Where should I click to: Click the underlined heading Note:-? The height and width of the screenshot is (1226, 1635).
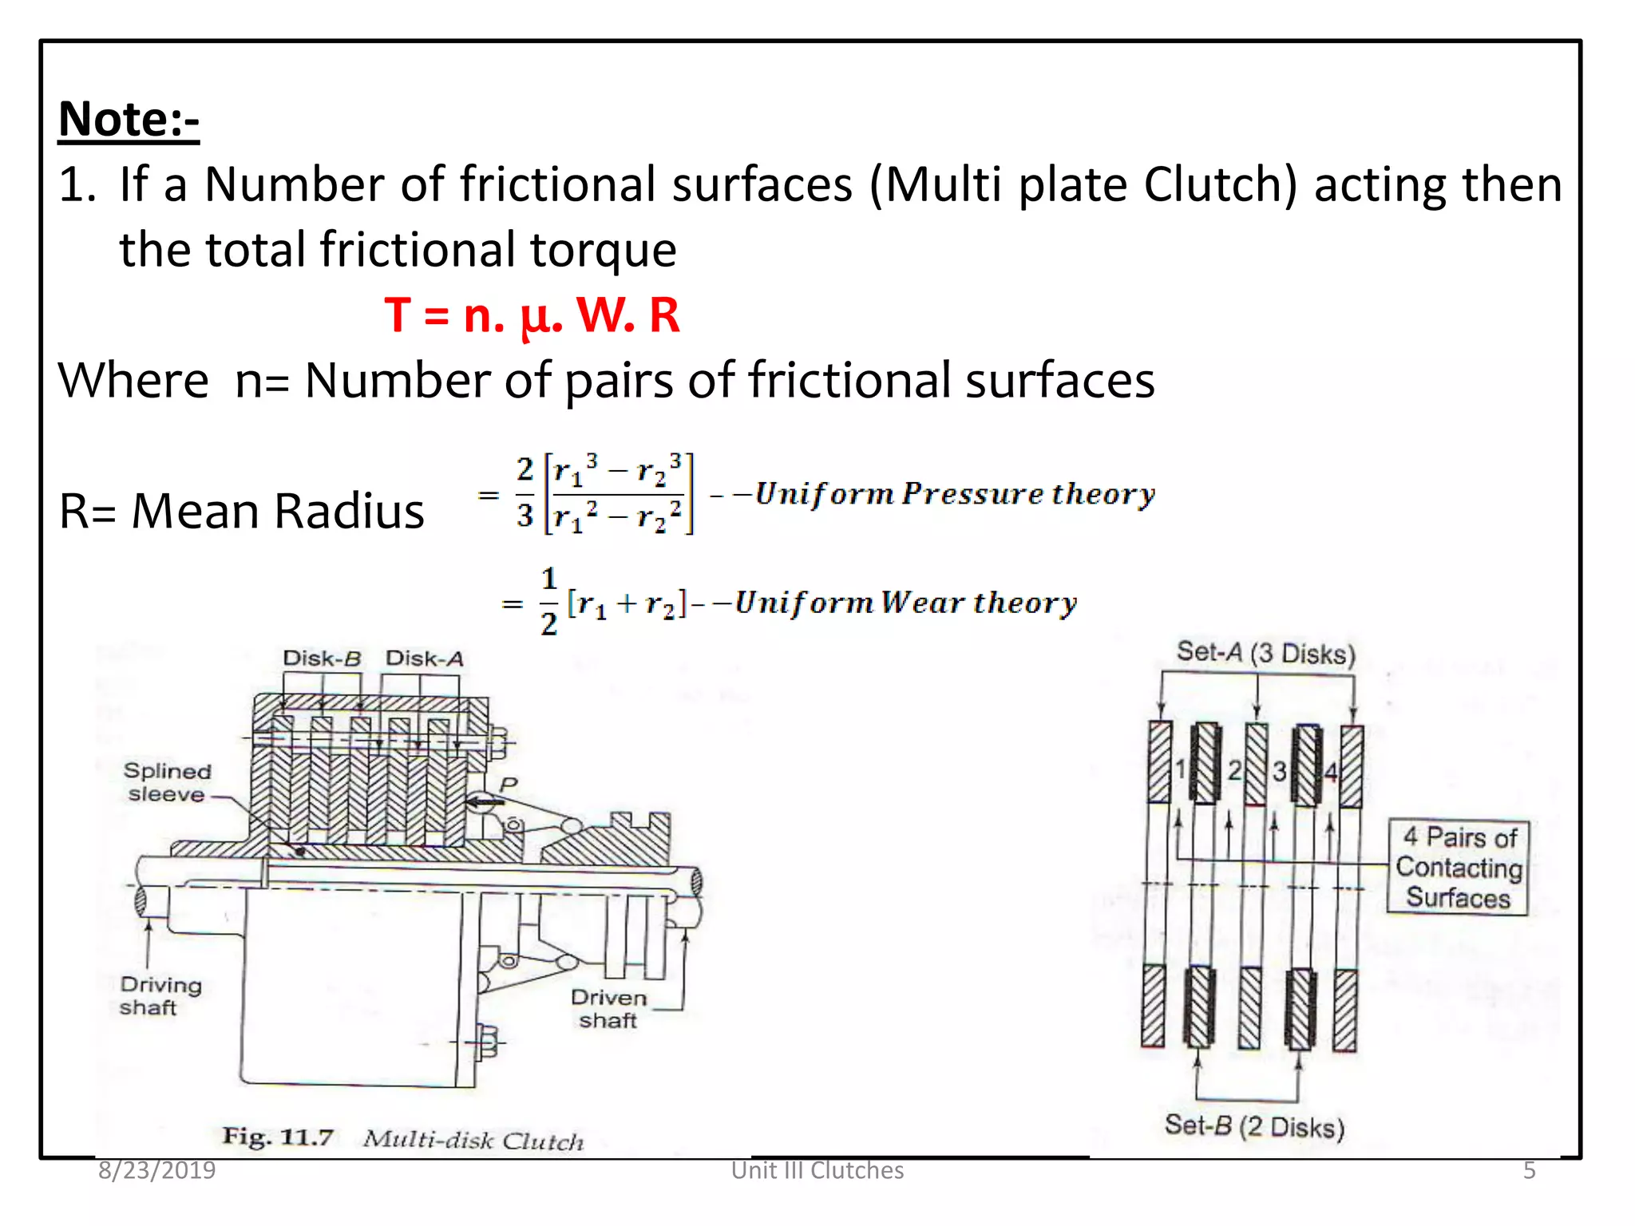click(x=129, y=120)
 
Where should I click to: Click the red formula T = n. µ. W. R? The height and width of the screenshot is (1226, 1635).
click(x=532, y=315)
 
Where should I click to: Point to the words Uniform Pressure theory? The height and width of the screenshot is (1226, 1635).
click(x=955, y=494)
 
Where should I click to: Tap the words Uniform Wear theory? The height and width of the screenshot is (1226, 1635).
click(x=905, y=603)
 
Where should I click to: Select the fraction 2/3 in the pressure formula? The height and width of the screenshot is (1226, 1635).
click(x=525, y=492)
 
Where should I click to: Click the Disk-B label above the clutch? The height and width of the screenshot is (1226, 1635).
click(x=322, y=658)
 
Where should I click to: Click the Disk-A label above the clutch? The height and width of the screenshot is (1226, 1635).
click(x=424, y=658)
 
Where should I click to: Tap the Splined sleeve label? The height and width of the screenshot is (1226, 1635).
click(x=167, y=782)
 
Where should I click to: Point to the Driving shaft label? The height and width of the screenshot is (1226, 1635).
click(x=160, y=995)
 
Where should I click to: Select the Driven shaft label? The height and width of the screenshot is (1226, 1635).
click(x=608, y=1009)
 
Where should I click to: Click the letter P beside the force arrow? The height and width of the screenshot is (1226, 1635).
click(x=509, y=785)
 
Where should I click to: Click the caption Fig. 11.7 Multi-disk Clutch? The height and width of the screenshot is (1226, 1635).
click(x=403, y=1138)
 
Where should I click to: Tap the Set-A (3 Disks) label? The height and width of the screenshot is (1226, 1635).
click(x=1265, y=654)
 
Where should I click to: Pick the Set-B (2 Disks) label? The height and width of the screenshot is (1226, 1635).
click(x=1254, y=1126)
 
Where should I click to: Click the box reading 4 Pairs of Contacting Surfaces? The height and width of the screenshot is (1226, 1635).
click(x=1458, y=867)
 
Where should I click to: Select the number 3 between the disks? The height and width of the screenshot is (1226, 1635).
click(x=1279, y=771)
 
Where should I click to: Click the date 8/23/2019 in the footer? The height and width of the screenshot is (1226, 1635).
click(x=156, y=1170)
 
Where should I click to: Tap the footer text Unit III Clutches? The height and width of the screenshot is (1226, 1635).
click(x=817, y=1170)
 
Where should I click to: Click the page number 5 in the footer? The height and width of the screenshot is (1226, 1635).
click(x=1529, y=1170)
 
